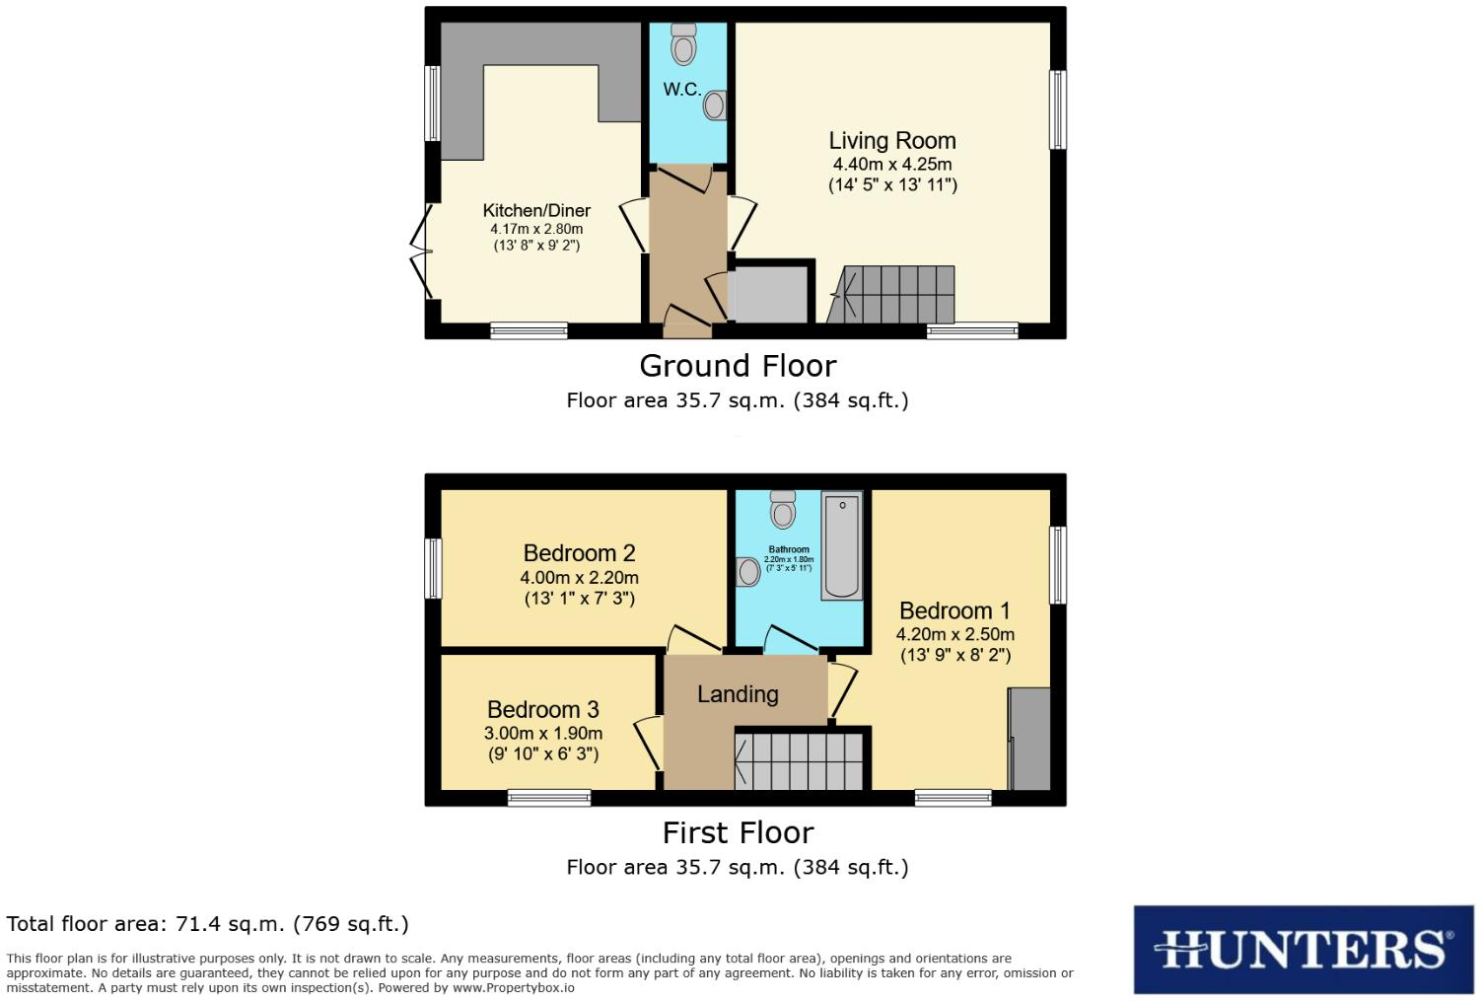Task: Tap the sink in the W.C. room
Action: pos(717,105)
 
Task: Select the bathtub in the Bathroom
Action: pos(841,545)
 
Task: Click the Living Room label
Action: pos(891,141)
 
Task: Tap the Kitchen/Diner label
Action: pos(536,210)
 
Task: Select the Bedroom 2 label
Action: pos(579,553)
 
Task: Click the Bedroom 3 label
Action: pos(542,710)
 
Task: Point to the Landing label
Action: pos(738,694)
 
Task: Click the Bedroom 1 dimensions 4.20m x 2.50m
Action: pos(954,634)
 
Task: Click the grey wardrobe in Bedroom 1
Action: pos(1028,739)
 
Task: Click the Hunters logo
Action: pos(1303,950)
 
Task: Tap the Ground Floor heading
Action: pos(738,366)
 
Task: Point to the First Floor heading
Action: pos(738,832)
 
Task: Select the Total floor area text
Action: pos(207,924)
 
